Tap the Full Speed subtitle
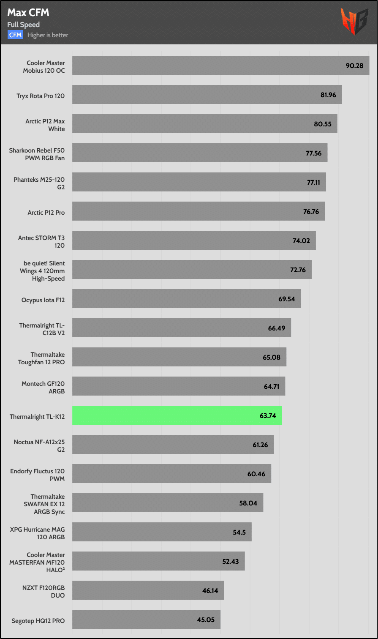tap(23, 25)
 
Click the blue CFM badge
tap(15, 35)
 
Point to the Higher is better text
tap(48, 35)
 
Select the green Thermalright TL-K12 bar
tap(177, 415)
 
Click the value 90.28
tap(354, 66)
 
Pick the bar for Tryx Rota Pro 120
tap(207, 95)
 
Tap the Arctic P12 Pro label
tap(46, 212)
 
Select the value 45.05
tap(206, 620)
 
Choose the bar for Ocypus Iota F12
tap(186, 299)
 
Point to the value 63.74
tap(268, 415)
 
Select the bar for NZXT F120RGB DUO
tap(148, 590)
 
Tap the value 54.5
tap(239, 532)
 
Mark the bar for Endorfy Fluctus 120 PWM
tap(171, 474)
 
